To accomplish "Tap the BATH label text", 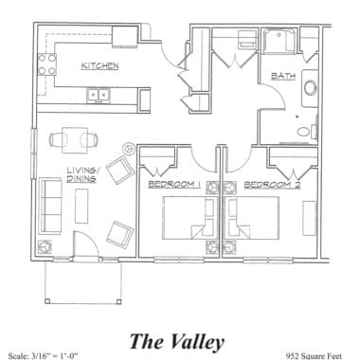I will pyautogui.click(x=281, y=77).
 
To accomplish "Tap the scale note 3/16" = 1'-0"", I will pyautogui.click(x=43, y=355).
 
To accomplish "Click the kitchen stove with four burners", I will pyautogui.click(x=45, y=66).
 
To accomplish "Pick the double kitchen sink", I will pyautogui.click(x=97, y=94).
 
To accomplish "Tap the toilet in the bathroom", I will pyautogui.click(x=303, y=132).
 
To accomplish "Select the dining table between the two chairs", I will pyautogui.click(x=73, y=139).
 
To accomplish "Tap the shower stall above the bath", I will pyautogui.click(x=281, y=44).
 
